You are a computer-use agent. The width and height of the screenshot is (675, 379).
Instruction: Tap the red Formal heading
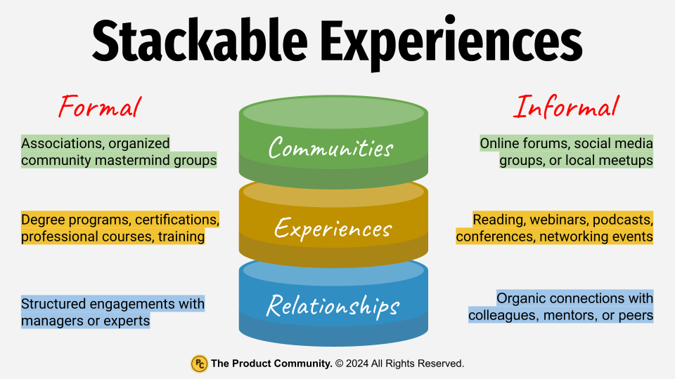[100, 107]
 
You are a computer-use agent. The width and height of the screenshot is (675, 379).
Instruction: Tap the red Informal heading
[567, 107]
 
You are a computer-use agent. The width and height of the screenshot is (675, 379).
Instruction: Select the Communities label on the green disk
[331, 148]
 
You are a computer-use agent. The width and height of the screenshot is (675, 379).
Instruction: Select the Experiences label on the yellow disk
[333, 228]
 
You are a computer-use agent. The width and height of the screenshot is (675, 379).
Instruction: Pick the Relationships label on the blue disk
[333, 305]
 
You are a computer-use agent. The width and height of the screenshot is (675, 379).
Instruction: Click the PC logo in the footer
[199, 364]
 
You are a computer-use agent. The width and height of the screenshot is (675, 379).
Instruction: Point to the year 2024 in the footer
[359, 364]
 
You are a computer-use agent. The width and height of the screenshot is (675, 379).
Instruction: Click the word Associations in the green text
[60, 143]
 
